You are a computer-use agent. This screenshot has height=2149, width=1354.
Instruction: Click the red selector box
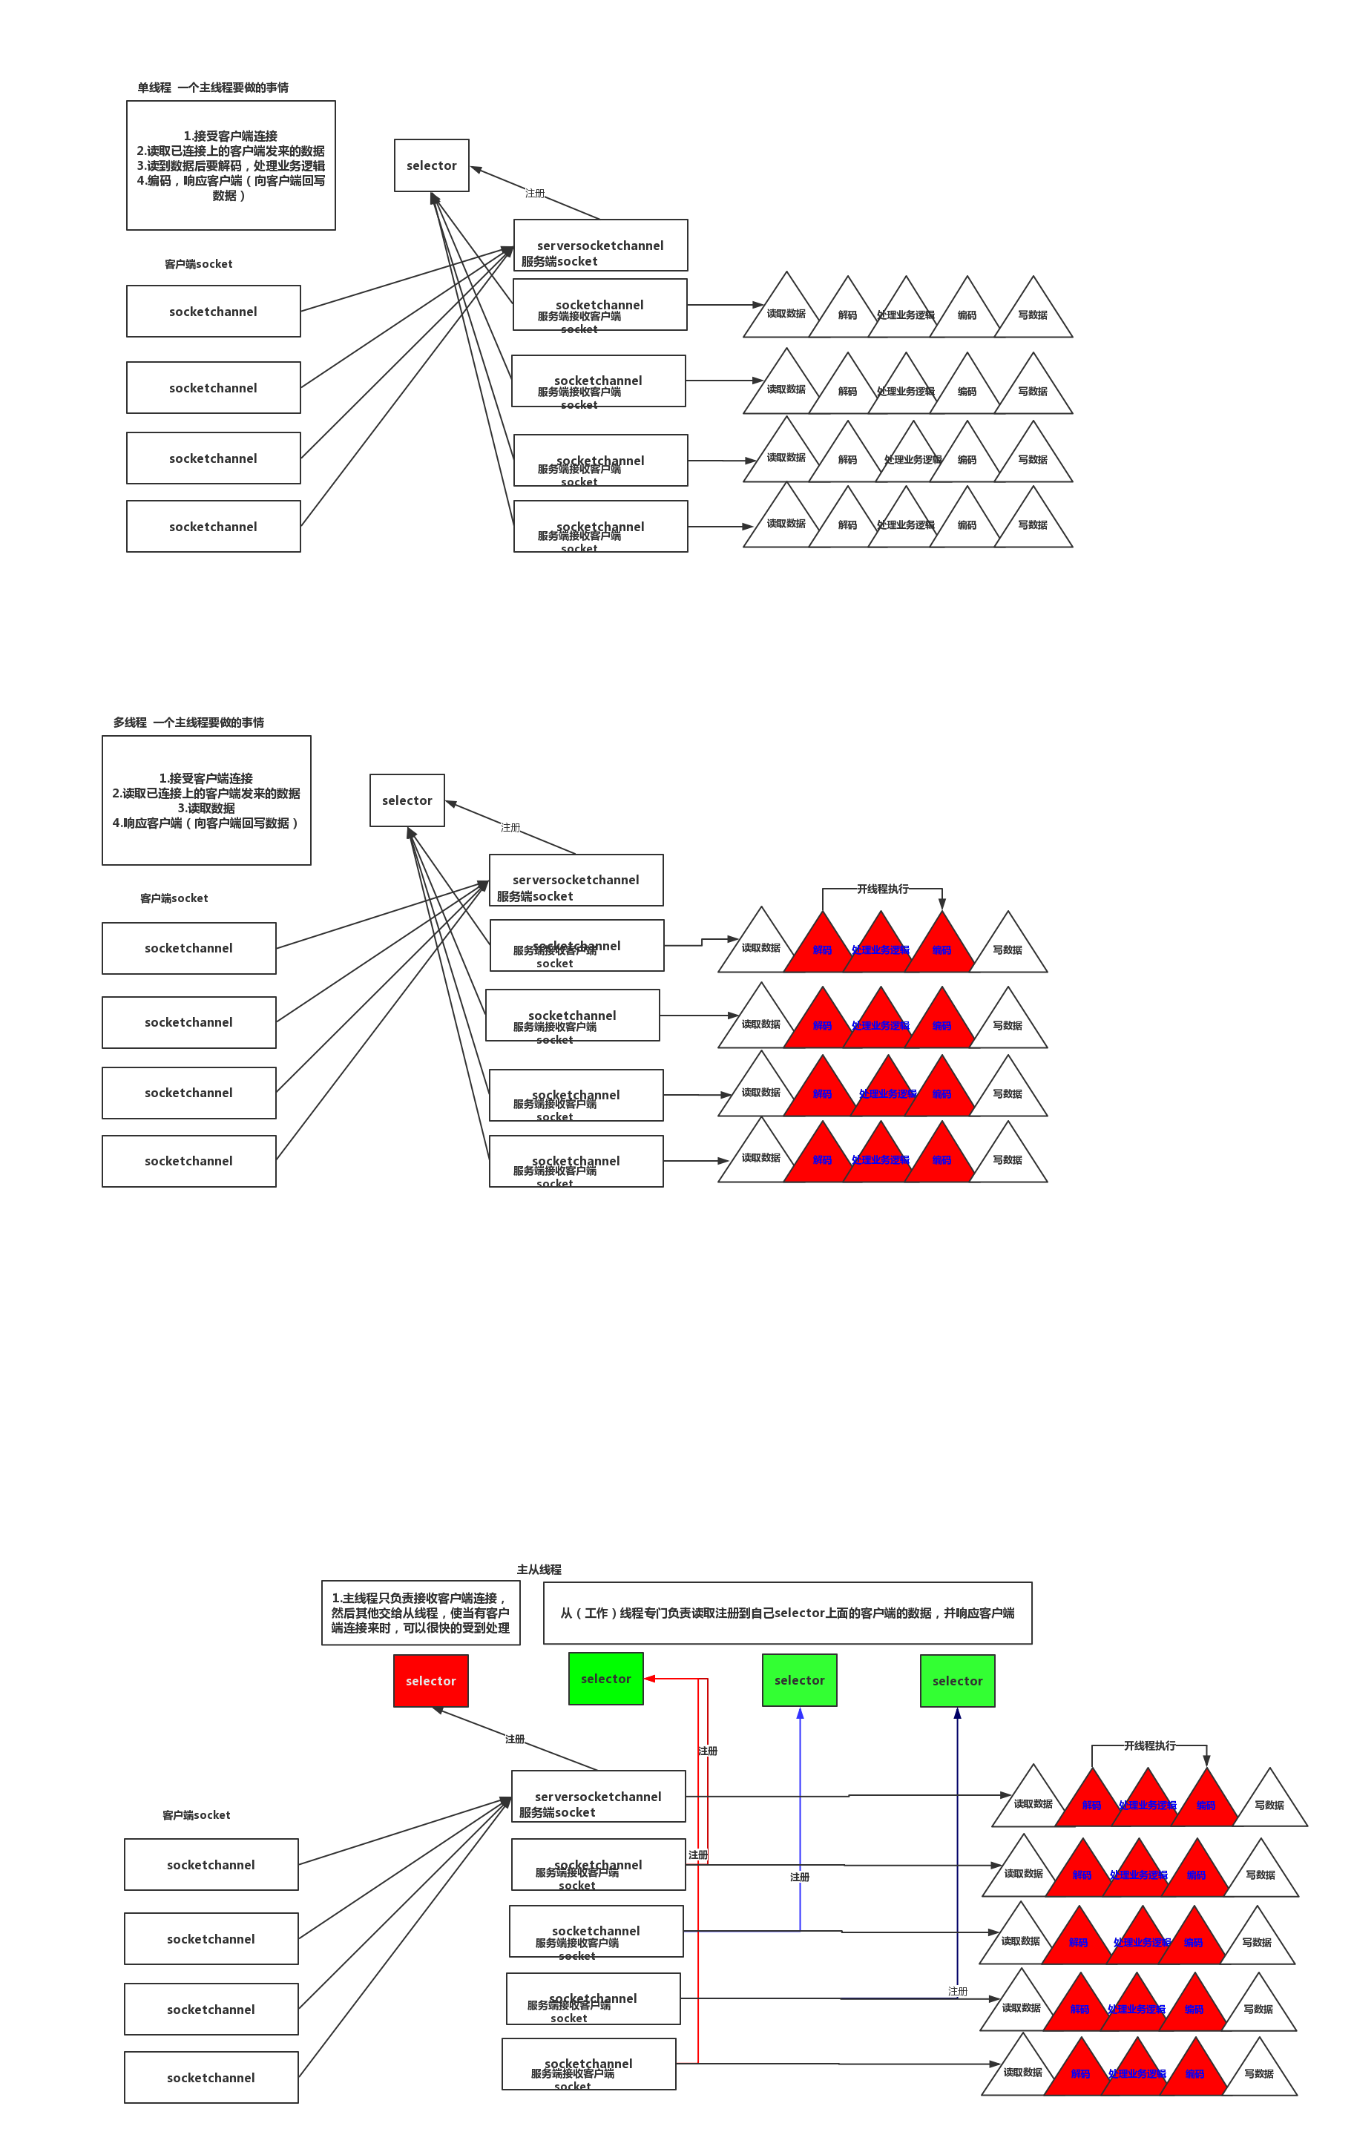(430, 1680)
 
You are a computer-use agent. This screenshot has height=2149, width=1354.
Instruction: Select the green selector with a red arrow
(606, 1679)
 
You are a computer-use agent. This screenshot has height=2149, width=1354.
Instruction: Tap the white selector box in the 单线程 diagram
(431, 165)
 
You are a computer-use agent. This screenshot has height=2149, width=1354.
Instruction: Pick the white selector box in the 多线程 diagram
(407, 800)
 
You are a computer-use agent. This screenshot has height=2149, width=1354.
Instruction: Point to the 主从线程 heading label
(539, 1570)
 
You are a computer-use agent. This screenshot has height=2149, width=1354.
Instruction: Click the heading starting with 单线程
(212, 88)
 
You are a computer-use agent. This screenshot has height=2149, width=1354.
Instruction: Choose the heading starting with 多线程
(188, 722)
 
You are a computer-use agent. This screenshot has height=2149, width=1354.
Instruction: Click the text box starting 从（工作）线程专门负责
(787, 1613)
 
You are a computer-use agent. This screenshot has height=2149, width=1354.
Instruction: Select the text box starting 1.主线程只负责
(421, 1613)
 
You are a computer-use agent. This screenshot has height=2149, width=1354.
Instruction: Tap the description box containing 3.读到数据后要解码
(230, 165)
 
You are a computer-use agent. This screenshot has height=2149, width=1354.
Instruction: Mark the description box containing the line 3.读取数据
(206, 800)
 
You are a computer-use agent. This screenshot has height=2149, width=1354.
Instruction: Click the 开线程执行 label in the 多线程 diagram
(883, 889)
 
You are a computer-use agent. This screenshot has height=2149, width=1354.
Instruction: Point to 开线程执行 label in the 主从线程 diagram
(1150, 1745)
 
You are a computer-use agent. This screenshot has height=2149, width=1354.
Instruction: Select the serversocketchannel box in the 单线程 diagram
(599, 246)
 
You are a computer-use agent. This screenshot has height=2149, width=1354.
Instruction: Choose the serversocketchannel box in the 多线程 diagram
(576, 881)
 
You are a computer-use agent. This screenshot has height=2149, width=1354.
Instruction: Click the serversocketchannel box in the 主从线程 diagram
(598, 1797)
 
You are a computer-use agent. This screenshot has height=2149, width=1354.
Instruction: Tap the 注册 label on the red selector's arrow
(515, 1739)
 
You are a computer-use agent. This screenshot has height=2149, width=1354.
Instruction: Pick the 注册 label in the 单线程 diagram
(535, 193)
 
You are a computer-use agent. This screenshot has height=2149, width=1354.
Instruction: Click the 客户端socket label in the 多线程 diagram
(174, 898)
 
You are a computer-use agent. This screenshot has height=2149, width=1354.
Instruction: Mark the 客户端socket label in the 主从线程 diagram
(197, 1815)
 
